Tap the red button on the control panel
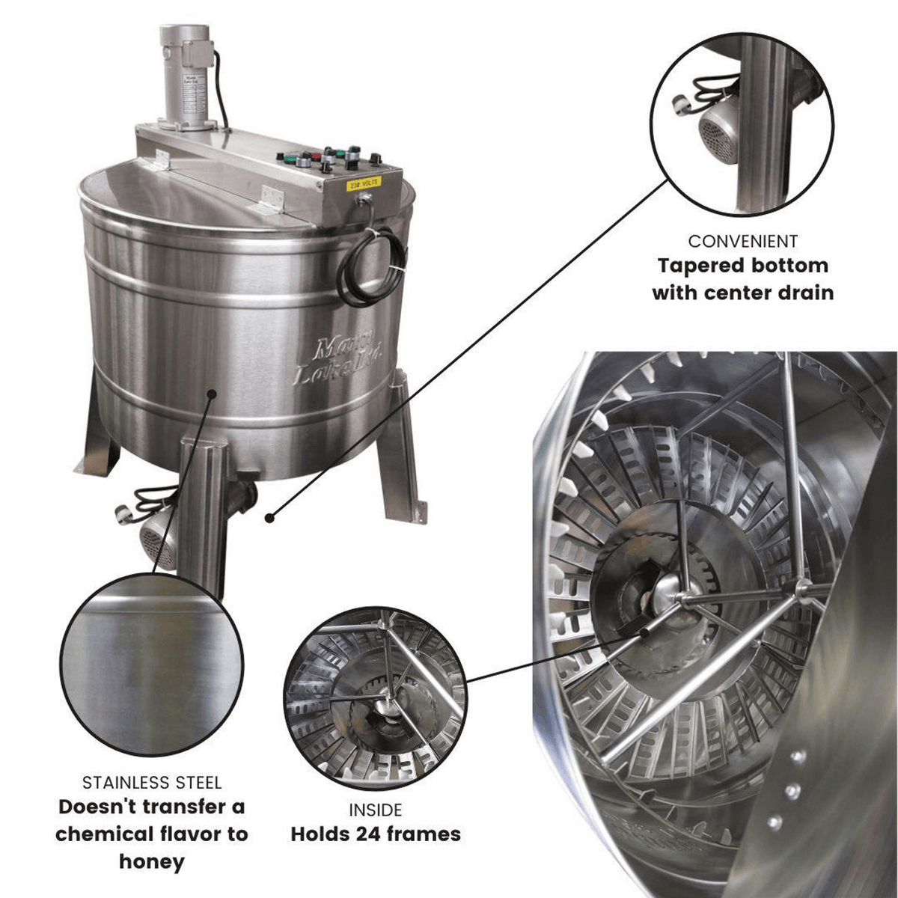[316, 158]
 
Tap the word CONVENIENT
[742, 241]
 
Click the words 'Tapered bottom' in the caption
[742, 266]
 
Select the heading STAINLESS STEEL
[152, 783]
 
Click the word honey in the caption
[152, 861]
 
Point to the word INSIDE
[375, 810]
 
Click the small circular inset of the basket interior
[375, 698]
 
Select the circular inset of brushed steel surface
[152, 663]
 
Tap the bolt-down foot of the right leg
[419, 509]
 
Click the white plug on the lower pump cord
[122, 514]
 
